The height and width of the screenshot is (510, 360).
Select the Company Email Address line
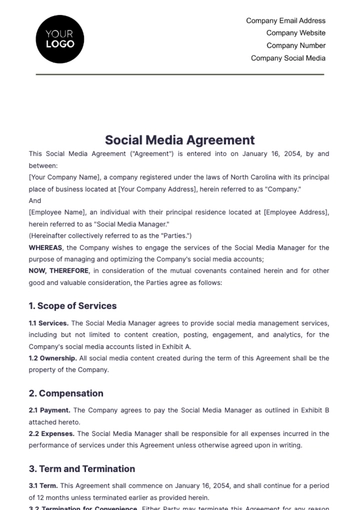286,20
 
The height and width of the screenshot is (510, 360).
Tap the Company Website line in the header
296,33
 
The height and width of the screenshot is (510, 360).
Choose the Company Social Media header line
288,58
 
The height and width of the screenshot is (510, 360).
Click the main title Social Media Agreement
179,140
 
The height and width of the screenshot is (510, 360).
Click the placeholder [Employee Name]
57,212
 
